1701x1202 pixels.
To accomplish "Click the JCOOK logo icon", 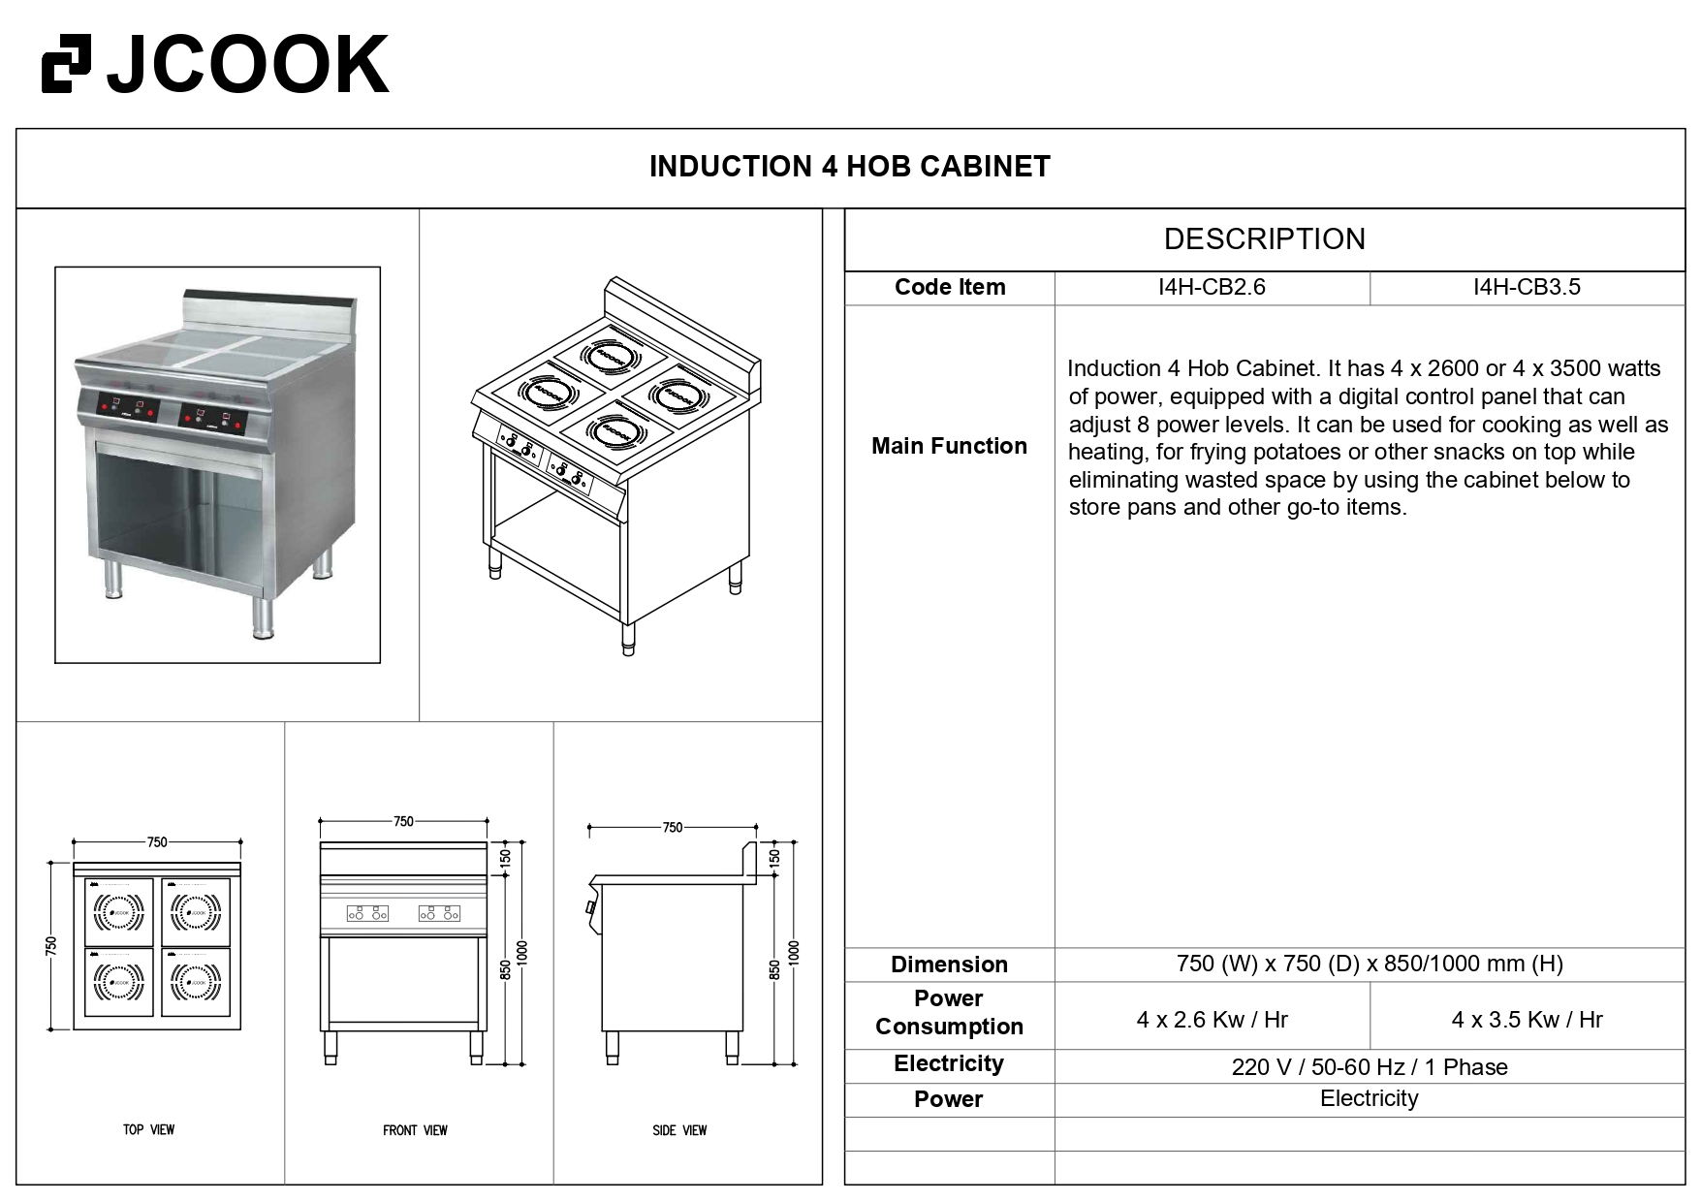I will (x=66, y=64).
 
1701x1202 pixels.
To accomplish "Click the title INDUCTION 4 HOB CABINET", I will (x=849, y=167).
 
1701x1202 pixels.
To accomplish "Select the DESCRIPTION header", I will (x=1264, y=239).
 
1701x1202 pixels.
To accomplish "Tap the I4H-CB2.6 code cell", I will (x=1212, y=287).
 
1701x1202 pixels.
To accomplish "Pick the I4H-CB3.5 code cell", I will (x=1527, y=287).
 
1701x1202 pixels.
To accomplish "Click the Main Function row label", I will (x=949, y=446).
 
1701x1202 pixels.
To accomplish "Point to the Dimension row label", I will (x=949, y=965).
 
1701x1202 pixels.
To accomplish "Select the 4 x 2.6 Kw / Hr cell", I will (x=1212, y=1020).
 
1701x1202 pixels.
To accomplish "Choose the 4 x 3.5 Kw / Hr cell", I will (x=1527, y=1020).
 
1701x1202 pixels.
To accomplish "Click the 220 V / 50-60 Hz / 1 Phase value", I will (x=1369, y=1067).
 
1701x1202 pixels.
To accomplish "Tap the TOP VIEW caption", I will (x=148, y=1129).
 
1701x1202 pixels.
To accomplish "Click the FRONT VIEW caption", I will (x=415, y=1130).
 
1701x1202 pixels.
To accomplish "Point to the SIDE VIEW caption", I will (x=679, y=1130).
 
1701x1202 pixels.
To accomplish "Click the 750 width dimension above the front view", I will (x=403, y=822).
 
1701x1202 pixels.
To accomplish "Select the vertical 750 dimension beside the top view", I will (x=51, y=945).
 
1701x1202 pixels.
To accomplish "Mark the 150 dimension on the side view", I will (x=774, y=857).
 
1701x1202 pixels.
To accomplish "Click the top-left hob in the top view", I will (x=119, y=911).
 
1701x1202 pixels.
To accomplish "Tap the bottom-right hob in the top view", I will (x=196, y=982).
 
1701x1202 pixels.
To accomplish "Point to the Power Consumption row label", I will (x=949, y=1012).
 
